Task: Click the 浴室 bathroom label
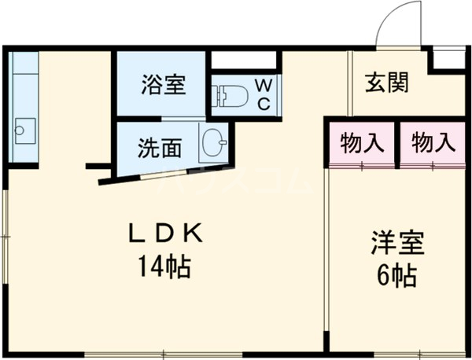[164, 84]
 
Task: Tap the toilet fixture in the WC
[230, 96]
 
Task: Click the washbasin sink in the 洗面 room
[213, 144]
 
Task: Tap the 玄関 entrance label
[385, 83]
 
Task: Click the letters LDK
[167, 233]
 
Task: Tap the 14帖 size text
[167, 267]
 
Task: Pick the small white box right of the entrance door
[450, 57]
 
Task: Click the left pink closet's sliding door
[362, 164]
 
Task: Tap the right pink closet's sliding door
[433, 164]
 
